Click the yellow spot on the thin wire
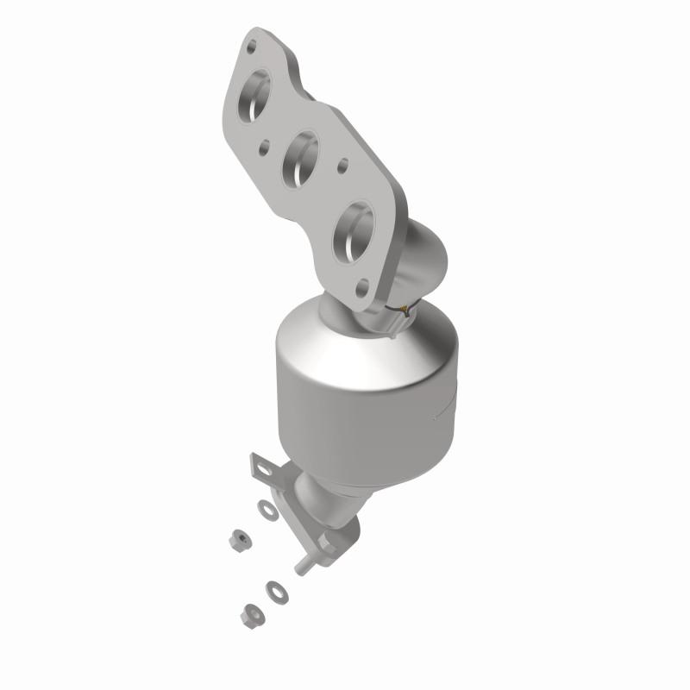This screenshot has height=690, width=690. (399, 308)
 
